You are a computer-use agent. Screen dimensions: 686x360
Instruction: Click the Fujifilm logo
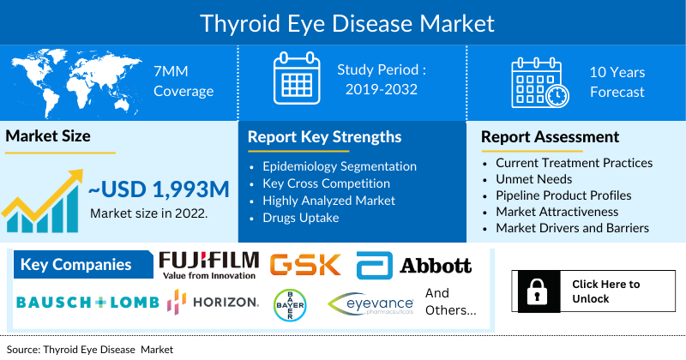pos(208,266)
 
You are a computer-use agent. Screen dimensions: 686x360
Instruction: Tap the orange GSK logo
pos(305,264)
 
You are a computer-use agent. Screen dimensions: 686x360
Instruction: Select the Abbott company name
pos(436,266)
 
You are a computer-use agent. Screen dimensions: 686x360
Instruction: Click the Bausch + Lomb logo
pos(87,303)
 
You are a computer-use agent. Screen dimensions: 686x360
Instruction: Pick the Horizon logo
pos(213,302)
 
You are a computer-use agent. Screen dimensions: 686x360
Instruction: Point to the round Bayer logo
pos(290,305)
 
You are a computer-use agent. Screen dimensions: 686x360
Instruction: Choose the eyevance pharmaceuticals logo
pos(371,303)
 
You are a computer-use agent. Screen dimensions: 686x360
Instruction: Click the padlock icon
pos(538,291)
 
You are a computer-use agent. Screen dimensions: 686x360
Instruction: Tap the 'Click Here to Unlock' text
pos(606,291)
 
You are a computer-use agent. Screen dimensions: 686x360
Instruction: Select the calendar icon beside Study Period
pos(297,78)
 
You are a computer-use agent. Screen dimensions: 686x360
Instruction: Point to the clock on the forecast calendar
pos(557,96)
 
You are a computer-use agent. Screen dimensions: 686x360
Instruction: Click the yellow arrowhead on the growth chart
pos(75,176)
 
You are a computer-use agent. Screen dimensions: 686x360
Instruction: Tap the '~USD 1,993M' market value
pos(159,189)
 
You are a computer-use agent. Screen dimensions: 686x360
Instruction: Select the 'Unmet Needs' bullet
pos(533,179)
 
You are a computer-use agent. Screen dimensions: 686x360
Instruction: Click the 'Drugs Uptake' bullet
pos(301,218)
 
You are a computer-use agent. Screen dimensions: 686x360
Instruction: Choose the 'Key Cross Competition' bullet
pos(326,183)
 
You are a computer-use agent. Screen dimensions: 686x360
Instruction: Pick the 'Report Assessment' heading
pos(550,137)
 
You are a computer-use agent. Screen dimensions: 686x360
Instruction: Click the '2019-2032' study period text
pos(382,89)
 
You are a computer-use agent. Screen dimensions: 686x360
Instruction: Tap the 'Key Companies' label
pos(75,265)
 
